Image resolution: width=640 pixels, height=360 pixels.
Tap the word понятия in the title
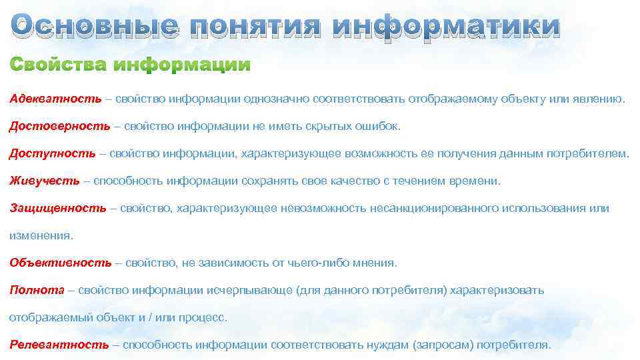[x=254, y=27]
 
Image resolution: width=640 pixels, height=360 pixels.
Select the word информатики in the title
[x=445, y=27]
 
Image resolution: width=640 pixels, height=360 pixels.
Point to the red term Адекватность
[x=55, y=99]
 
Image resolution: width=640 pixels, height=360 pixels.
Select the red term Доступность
[x=53, y=153]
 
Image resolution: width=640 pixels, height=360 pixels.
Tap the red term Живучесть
[x=45, y=181]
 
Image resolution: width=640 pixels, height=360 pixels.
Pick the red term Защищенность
[x=58, y=208]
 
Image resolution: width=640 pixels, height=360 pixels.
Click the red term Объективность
[x=61, y=263]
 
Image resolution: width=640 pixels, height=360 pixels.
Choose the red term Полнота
[x=37, y=290]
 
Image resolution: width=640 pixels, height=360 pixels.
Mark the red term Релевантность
[x=59, y=345]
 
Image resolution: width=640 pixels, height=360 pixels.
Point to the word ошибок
[x=381, y=126]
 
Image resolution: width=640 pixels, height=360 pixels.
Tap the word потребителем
[x=587, y=153]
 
